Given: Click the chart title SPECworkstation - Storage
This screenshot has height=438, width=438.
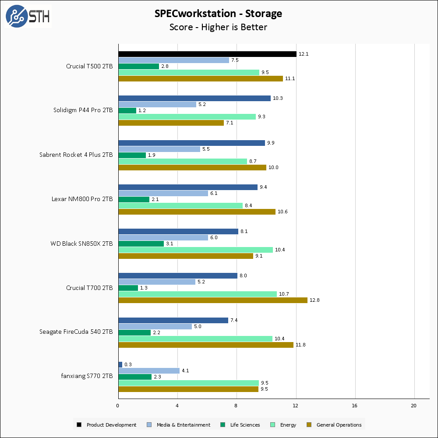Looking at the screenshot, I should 218,14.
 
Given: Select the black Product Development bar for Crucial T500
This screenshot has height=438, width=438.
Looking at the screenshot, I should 207,54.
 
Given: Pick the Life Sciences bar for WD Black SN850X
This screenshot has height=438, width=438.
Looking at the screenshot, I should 141,244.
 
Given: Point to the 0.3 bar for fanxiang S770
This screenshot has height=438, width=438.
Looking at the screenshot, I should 120,364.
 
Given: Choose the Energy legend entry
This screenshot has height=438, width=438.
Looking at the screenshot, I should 284,425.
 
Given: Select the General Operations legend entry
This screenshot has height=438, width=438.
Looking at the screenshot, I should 335,425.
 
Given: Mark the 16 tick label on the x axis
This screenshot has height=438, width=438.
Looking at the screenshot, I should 355,406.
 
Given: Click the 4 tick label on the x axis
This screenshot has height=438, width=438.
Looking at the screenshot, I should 177,406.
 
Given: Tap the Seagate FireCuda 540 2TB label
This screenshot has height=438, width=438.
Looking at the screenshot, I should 76,332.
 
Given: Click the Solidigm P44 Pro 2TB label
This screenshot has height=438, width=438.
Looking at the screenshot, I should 83,110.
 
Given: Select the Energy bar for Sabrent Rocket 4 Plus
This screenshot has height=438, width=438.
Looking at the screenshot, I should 183,161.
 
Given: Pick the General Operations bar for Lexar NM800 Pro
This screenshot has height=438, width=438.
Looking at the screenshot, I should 197,212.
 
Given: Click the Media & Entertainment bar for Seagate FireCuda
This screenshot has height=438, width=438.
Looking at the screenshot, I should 155,326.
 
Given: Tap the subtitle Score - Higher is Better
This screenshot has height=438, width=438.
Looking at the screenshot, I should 218,27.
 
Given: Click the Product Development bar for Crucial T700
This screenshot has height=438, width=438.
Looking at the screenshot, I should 177,276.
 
